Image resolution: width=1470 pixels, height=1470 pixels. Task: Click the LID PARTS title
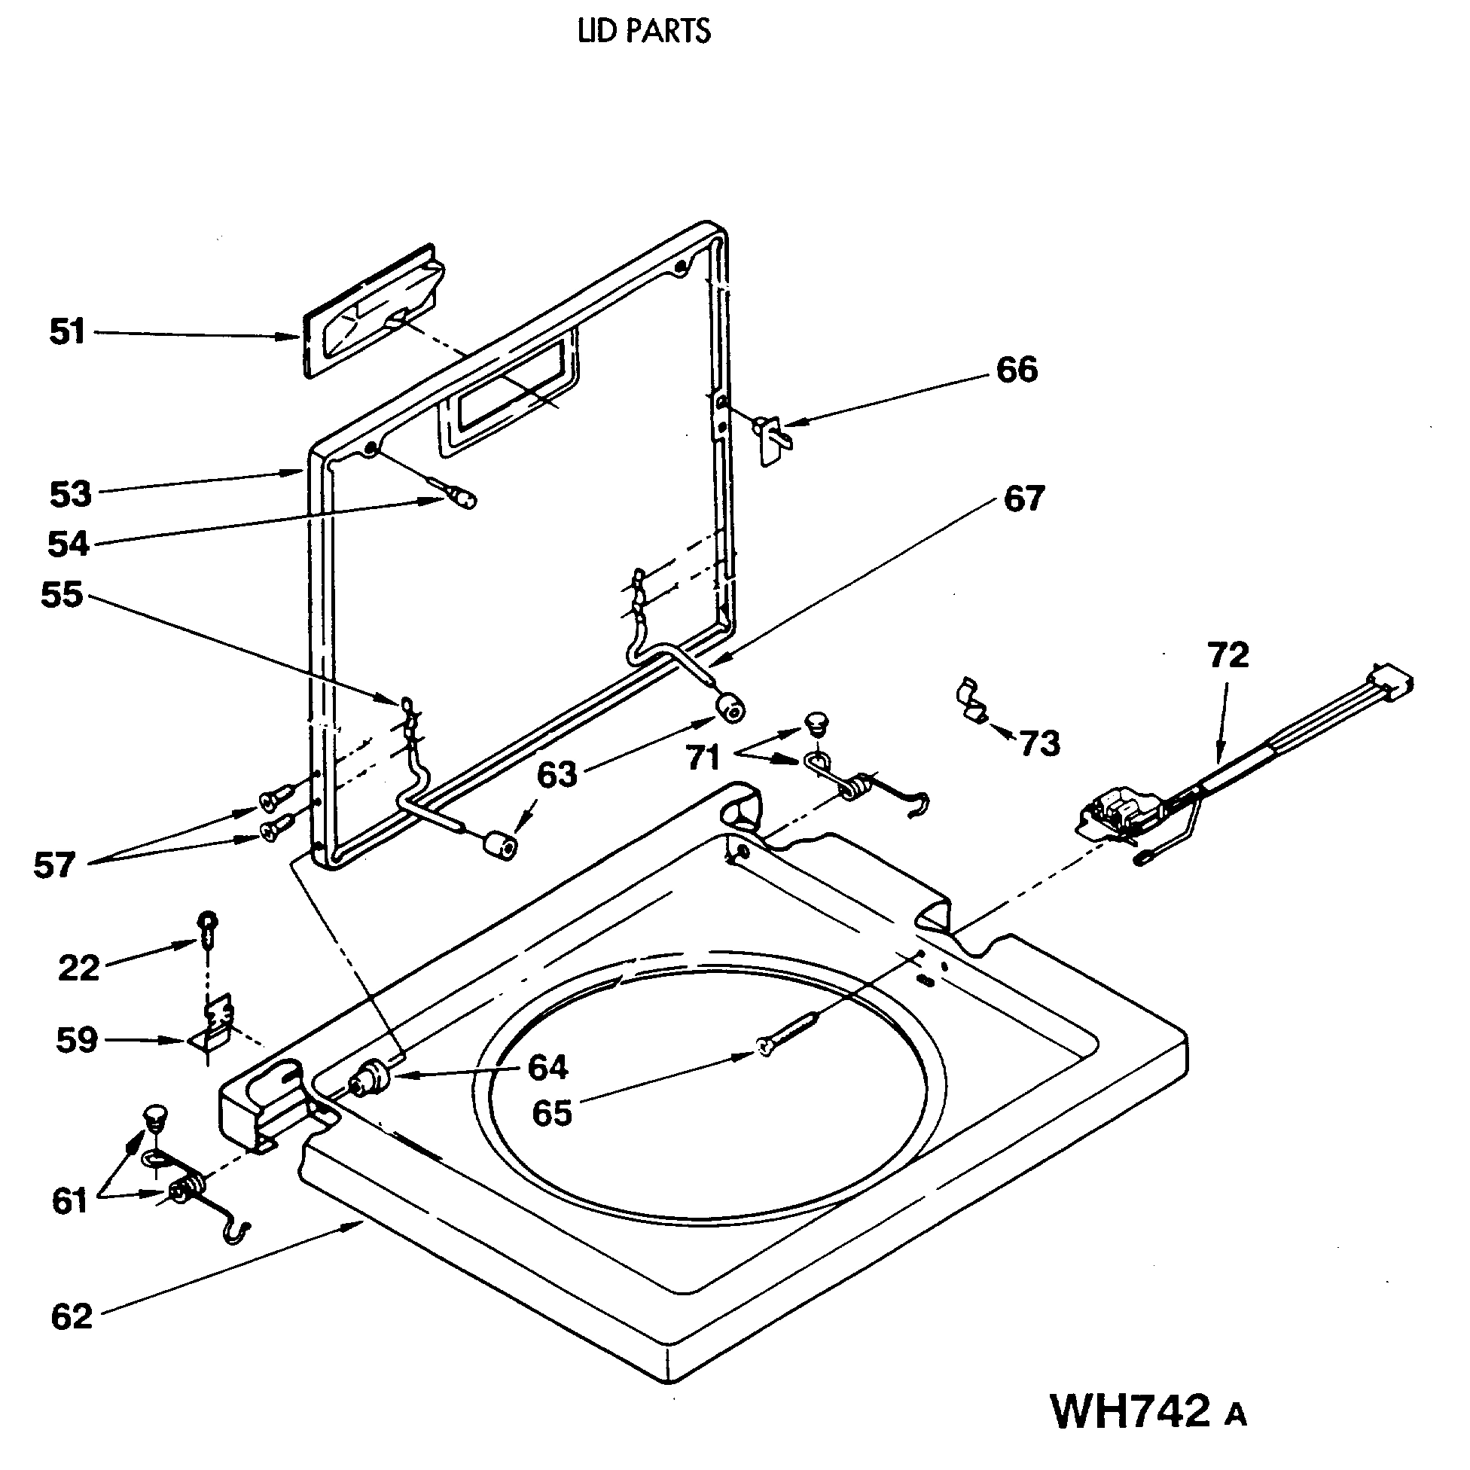click(644, 31)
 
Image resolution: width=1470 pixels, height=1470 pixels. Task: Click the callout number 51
click(67, 333)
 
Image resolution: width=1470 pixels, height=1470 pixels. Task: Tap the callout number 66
click(1017, 371)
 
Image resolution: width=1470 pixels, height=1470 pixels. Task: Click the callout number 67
click(1023, 499)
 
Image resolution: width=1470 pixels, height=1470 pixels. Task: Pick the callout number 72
click(1228, 655)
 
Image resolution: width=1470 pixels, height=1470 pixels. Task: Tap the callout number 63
click(557, 776)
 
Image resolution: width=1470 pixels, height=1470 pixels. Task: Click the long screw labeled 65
click(788, 1032)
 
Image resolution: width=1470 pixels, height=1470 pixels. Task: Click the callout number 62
click(72, 1338)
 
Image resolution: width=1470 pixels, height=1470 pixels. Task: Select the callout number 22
click(78, 969)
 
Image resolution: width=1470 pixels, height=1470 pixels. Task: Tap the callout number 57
click(54, 866)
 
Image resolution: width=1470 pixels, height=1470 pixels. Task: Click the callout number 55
click(61, 596)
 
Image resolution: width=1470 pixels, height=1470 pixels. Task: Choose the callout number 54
click(68, 544)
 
